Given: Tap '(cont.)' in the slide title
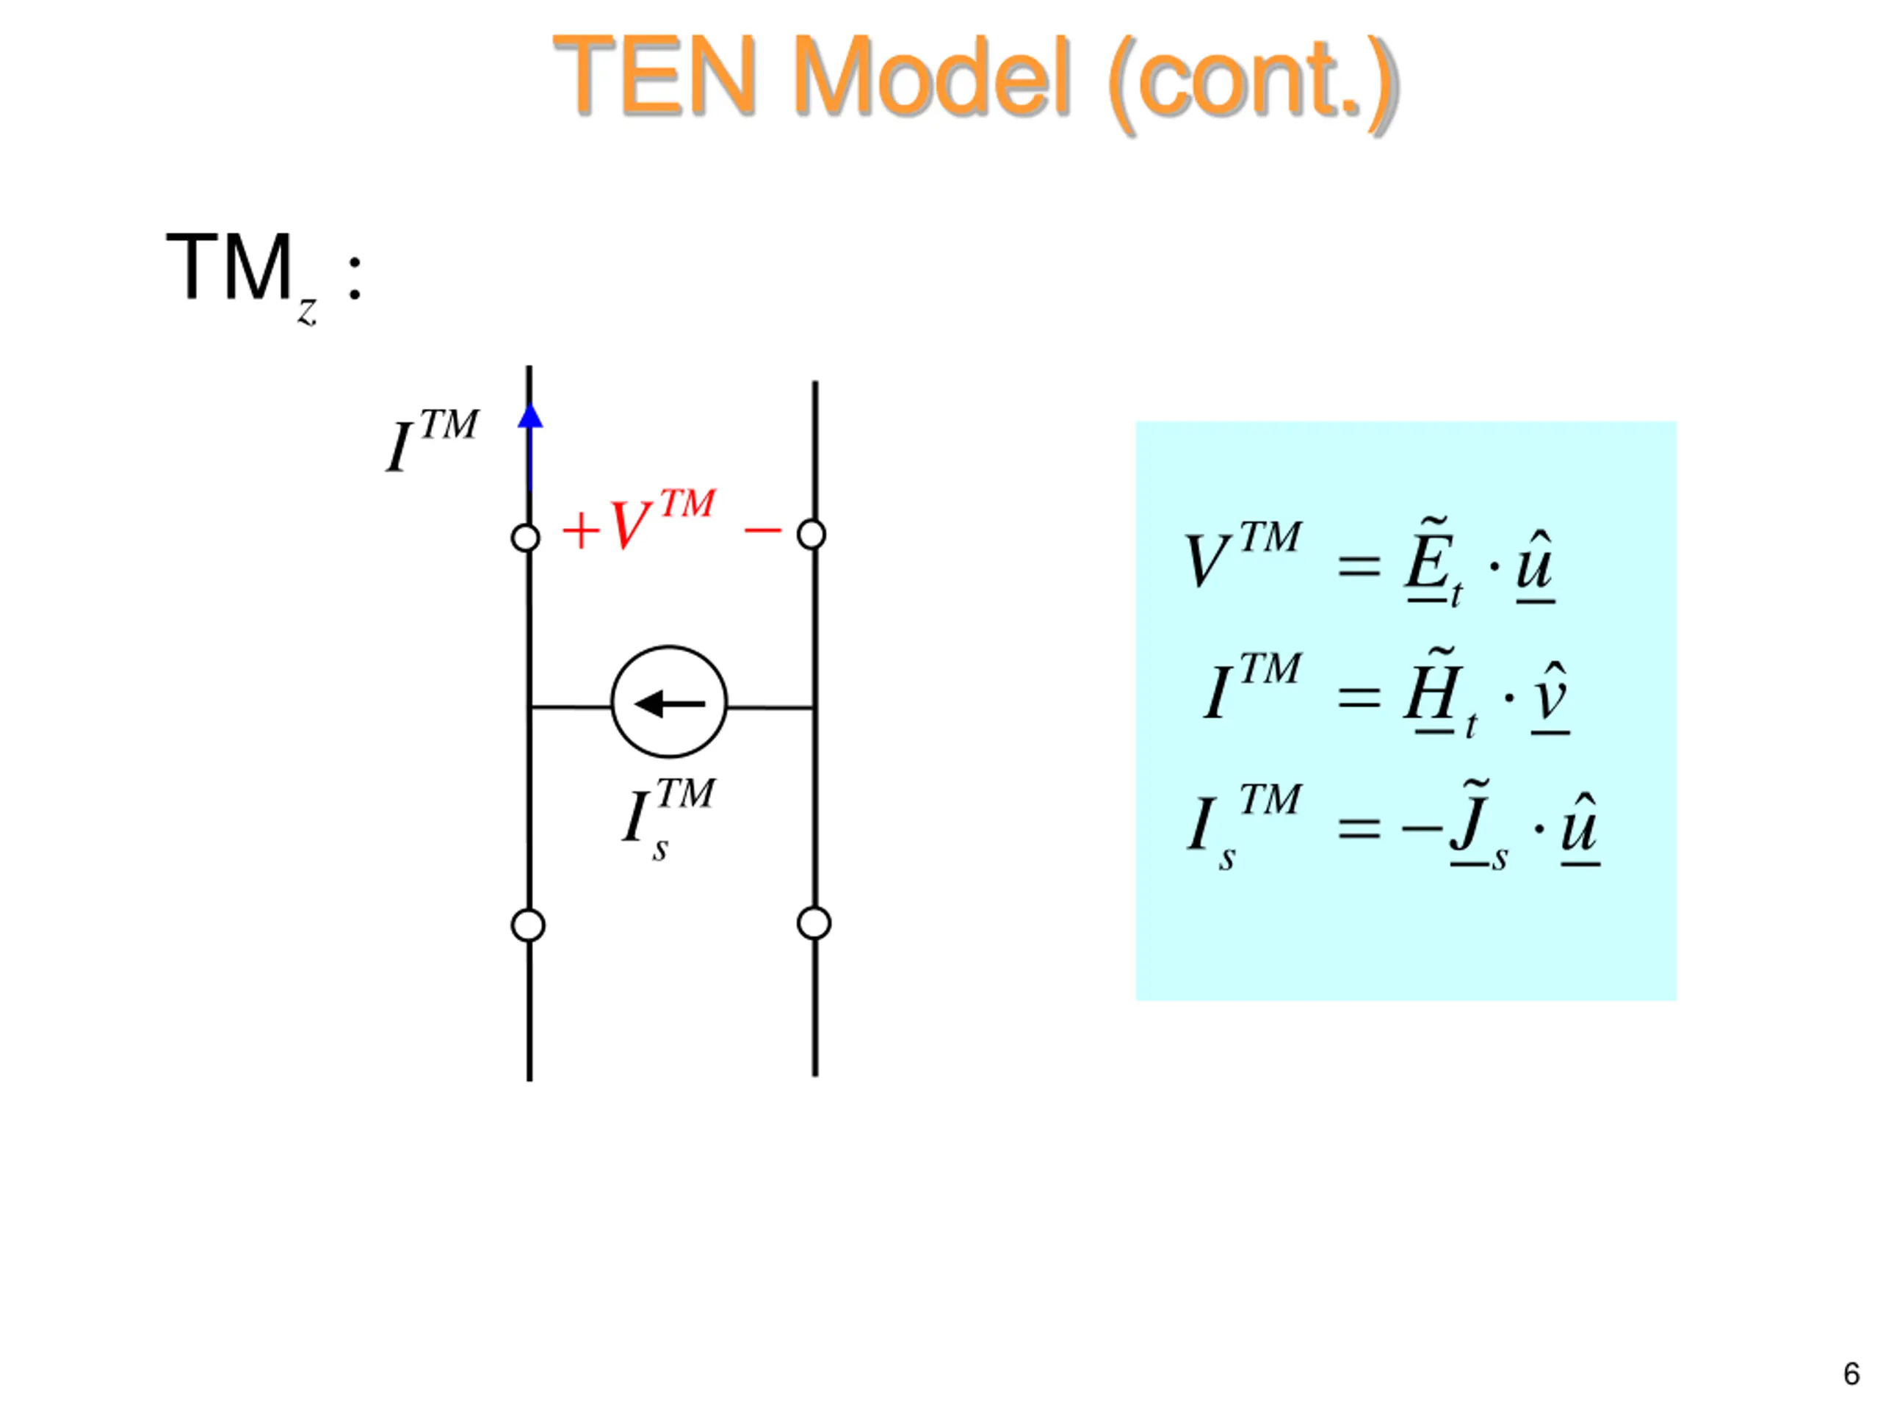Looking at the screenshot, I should [x=1252, y=81].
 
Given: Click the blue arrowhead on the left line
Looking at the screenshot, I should [x=530, y=416].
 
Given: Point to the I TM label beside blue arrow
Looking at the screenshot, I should [x=432, y=440].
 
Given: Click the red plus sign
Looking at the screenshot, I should [x=582, y=530].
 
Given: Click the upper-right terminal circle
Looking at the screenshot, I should [x=811, y=535].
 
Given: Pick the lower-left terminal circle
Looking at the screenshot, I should [x=528, y=925].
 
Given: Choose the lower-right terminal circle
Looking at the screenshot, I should [x=814, y=923].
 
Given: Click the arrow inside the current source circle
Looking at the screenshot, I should [x=669, y=704].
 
